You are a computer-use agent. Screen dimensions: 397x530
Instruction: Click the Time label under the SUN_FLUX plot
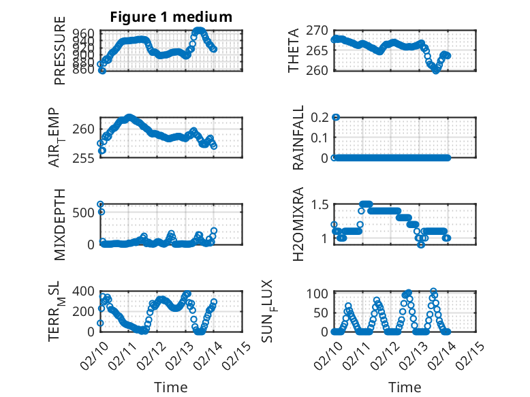tap(405, 387)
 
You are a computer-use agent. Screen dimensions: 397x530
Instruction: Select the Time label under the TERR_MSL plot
tap(172, 387)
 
